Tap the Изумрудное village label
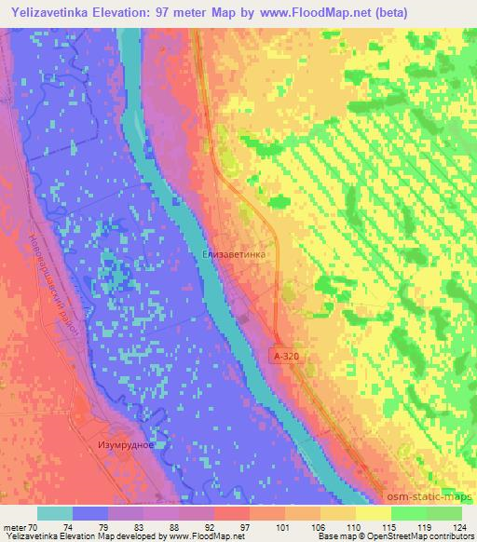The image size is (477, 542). (125, 445)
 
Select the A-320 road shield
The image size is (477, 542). (289, 356)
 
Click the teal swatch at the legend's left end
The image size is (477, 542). (55, 512)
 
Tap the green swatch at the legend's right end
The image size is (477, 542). (443, 512)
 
